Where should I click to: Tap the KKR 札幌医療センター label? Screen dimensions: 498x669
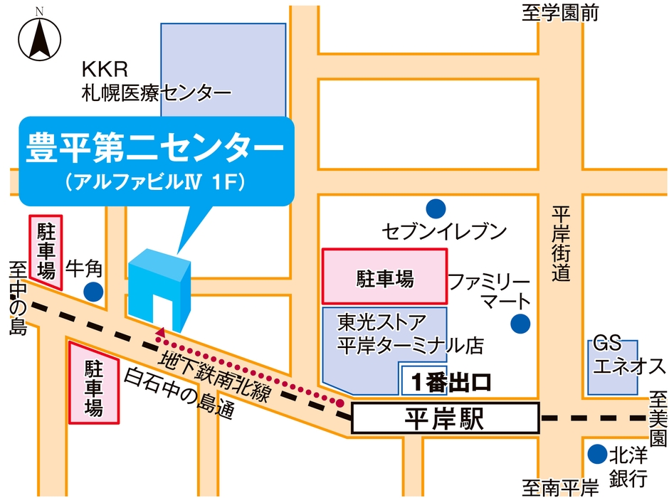[x=155, y=82]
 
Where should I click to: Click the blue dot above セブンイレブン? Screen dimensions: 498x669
[x=436, y=208]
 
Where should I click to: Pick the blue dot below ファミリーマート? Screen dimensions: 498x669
[x=521, y=324]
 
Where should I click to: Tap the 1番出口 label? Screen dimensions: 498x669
[x=451, y=382]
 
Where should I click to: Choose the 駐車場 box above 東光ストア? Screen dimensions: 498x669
[x=385, y=277]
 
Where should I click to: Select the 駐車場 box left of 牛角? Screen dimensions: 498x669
[x=46, y=250]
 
